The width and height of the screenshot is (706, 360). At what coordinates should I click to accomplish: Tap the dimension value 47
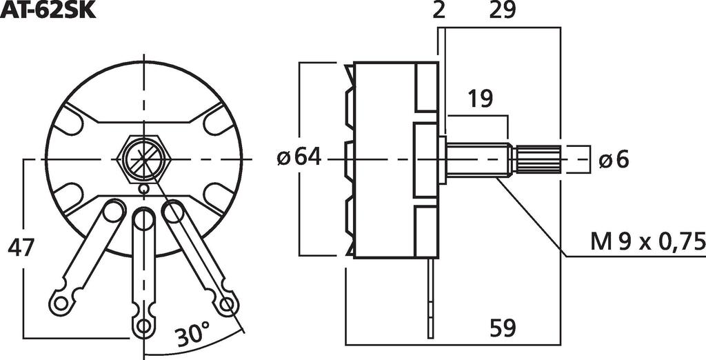21,247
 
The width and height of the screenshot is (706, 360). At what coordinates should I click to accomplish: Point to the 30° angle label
191,336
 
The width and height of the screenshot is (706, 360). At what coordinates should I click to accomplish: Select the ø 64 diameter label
299,158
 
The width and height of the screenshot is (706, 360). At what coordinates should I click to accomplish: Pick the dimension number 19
480,99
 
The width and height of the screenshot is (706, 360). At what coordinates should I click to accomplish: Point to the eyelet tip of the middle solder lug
143,325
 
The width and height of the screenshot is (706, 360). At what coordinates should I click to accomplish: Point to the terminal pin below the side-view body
431,297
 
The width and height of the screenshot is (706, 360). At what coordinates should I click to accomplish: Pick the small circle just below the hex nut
143,188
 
